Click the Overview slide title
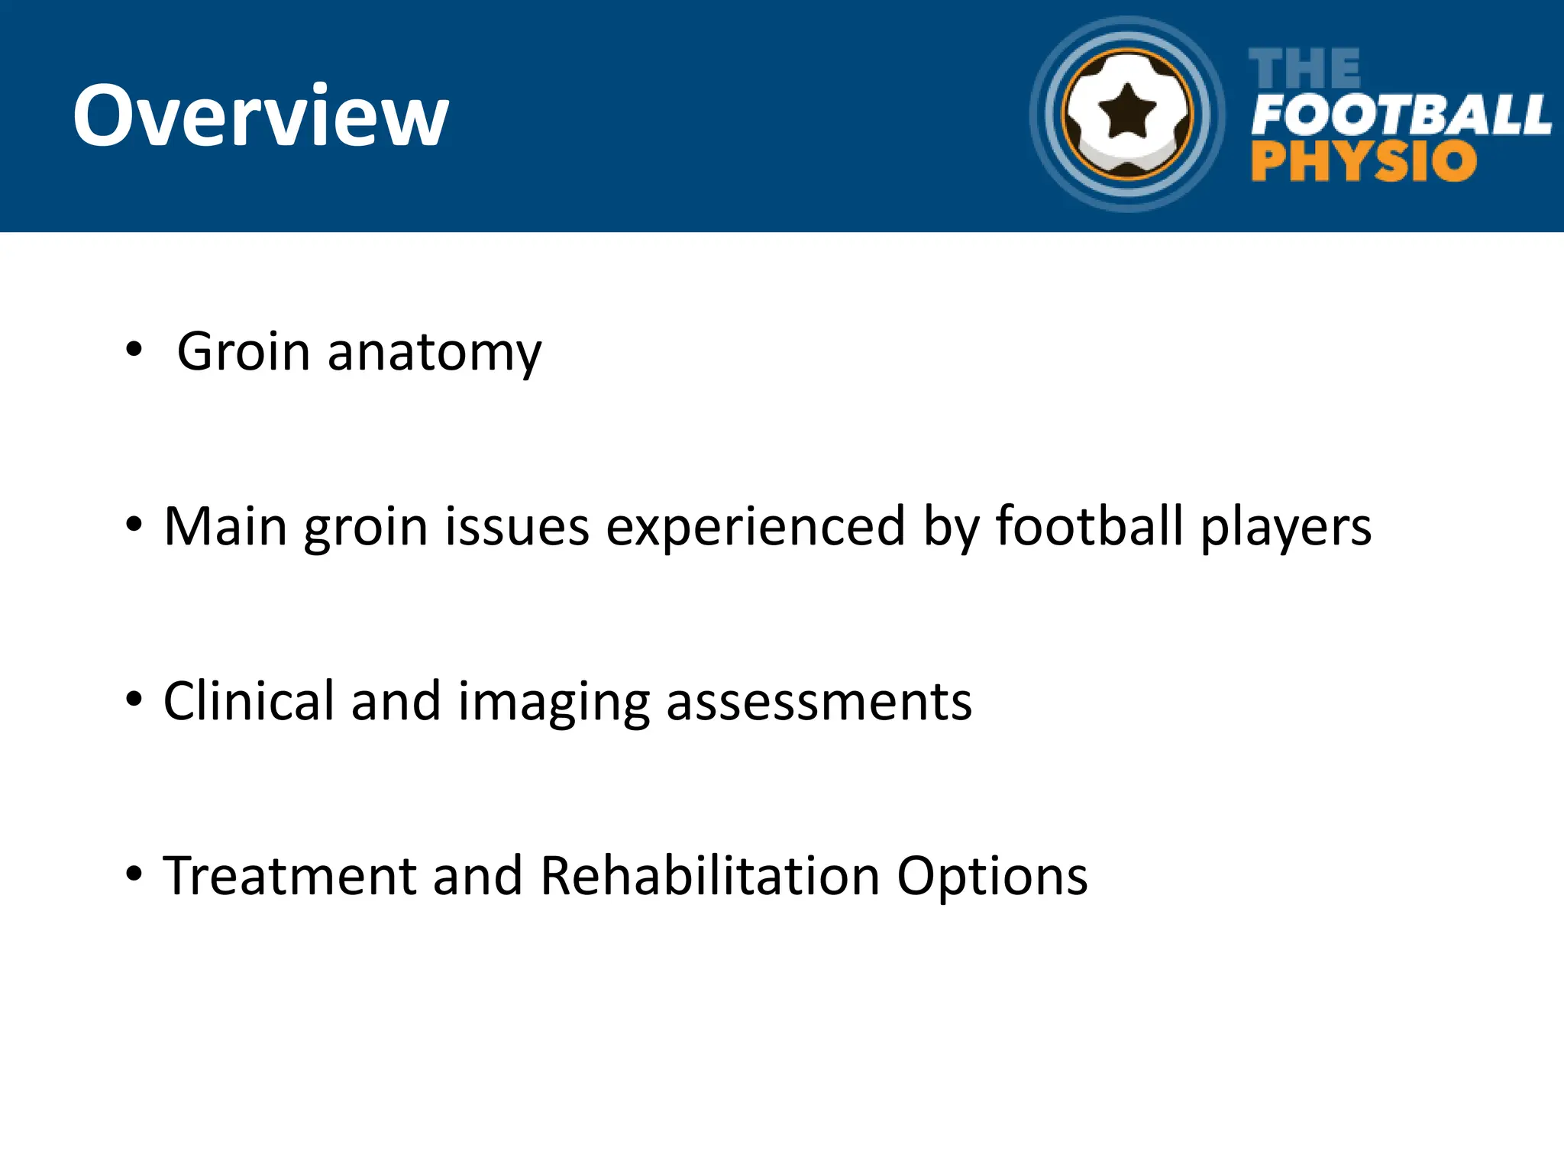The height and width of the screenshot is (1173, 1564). point(260,116)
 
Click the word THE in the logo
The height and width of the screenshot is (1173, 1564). point(1304,69)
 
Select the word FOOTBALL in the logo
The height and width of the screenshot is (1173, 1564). point(1401,115)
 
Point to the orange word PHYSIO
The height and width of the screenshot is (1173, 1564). point(1363,161)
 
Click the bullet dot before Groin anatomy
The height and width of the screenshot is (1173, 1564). point(134,351)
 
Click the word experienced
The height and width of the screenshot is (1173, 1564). point(755,528)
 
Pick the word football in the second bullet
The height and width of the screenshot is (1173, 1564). point(1089,526)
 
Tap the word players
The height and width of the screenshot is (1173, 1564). point(1285,528)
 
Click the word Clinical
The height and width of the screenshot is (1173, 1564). point(248,700)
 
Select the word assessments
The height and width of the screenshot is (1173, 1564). point(819,702)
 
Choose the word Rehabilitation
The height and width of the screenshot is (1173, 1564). point(709,875)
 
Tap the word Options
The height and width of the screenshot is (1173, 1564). point(991,877)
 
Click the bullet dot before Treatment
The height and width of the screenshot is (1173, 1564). point(134,874)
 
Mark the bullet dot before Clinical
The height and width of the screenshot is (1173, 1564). point(134,699)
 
